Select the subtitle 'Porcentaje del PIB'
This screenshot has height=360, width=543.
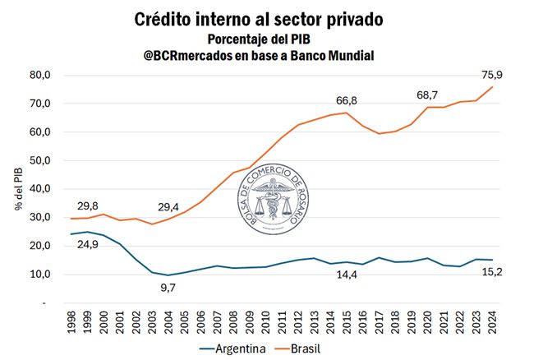pos(271,39)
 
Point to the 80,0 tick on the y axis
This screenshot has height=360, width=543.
pos(40,75)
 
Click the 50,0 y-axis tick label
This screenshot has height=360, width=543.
pos(40,160)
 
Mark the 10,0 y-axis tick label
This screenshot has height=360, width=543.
pos(40,275)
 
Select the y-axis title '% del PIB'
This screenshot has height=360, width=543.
pos(18,188)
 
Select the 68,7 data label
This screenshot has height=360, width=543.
pos(427,95)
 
